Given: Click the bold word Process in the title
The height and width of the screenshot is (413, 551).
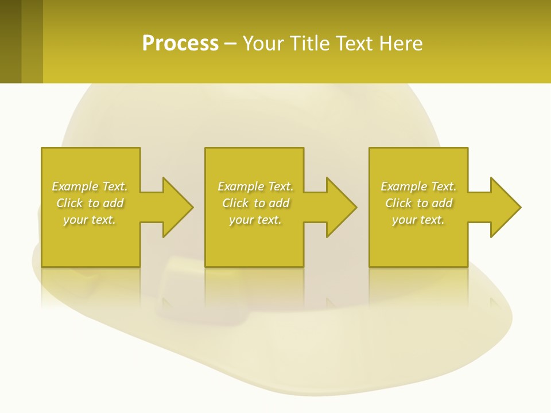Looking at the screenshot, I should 180,44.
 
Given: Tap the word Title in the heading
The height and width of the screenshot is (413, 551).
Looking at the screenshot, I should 311,44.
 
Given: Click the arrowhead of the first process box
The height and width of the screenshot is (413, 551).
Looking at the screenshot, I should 178,207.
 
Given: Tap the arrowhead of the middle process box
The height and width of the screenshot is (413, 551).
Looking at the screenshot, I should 342,207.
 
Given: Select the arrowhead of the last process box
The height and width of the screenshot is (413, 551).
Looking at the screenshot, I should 506,207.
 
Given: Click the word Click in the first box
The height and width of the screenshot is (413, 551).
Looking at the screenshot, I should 69,203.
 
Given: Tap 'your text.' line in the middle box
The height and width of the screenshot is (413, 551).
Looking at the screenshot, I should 255,220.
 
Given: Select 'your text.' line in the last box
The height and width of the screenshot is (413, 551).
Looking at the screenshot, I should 418,220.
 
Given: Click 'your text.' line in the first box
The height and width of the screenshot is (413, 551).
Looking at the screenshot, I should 90,220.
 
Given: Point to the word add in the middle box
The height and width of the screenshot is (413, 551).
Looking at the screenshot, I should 279,203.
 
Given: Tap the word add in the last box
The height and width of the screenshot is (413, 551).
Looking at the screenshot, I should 442,203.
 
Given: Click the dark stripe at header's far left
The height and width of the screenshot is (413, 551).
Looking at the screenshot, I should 10,41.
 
